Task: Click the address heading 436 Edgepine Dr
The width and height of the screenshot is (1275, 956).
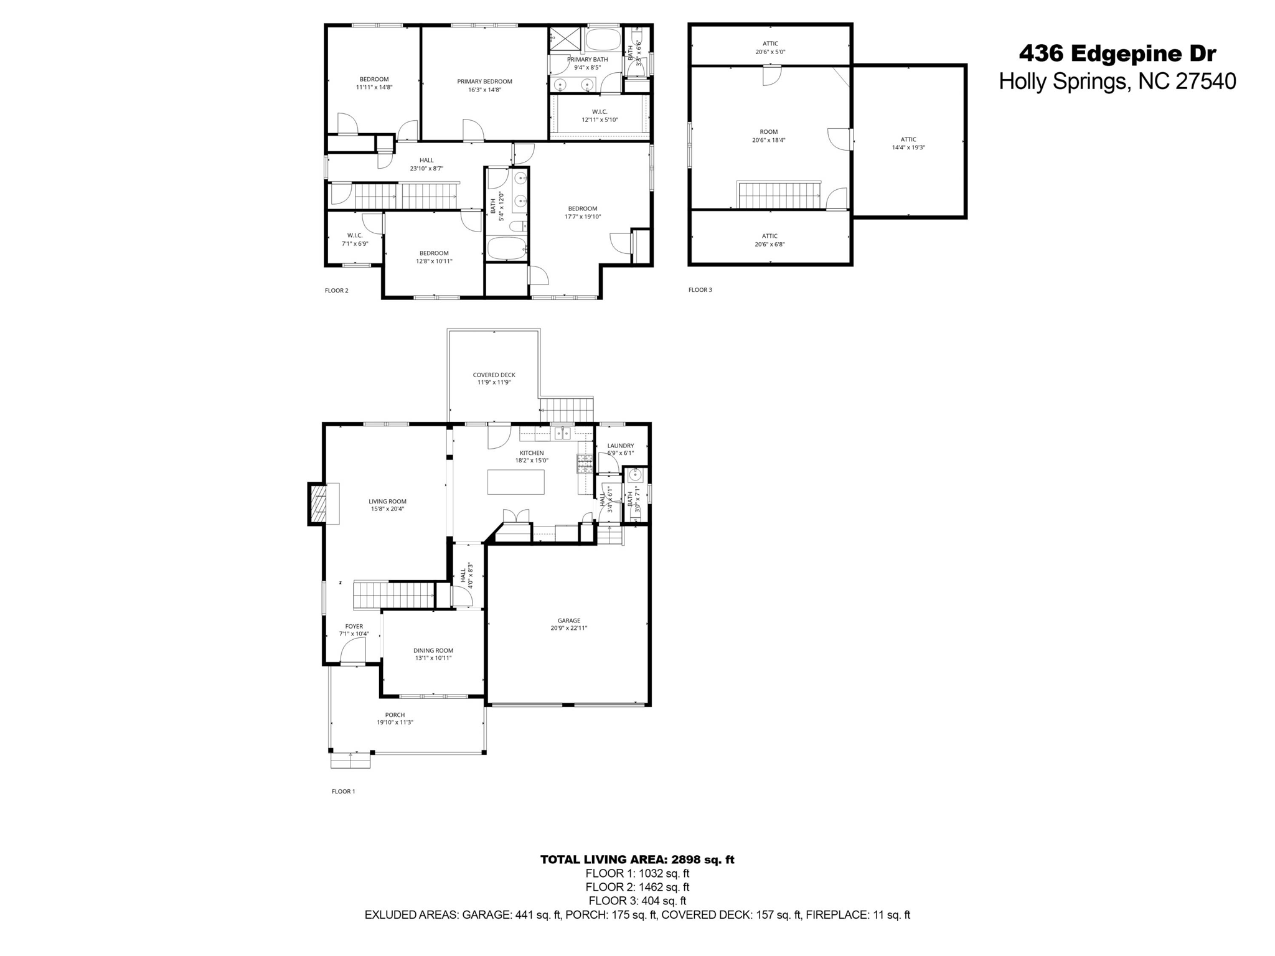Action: pyautogui.click(x=1117, y=54)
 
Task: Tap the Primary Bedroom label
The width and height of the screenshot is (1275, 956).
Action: pyautogui.click(x=484, y=82)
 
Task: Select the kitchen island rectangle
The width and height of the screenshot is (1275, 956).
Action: pyautogui.click(x=515, y=482)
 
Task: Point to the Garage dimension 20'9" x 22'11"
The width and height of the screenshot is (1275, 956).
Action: pyautogui.click(x=568, y=629)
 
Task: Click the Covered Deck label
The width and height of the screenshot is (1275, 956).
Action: pyautogui.click(x=494, y=375)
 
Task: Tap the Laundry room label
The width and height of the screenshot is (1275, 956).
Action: pyautogui.click(x=620, y=446)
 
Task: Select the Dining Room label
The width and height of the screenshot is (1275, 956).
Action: pyautogui.click(x=433, y=650)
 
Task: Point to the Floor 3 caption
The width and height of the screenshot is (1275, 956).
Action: pyautogui.click(x=700, y=290)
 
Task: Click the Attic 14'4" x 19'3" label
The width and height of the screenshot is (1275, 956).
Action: pyautogui.click(x=908, y=140)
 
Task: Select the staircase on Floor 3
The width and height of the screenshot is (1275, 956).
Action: pyautogui.click(x=779, y=195)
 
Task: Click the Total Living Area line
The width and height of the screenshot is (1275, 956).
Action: pyautogui.click(x=637, y=860)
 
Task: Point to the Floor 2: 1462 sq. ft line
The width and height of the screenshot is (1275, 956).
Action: pyautogui.click(x=637, y=887)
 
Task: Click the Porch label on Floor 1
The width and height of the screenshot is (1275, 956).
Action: pyautogui.click(x=395, y=715)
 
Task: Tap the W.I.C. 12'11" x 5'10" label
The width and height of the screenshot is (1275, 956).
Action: pyautogui.click(x=600, y=112)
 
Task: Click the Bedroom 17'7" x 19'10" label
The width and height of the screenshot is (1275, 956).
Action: pyautogui.click(x=582, y=209)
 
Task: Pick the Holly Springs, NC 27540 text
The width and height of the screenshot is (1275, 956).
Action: pyautogui.click(x=1117, y=82)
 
